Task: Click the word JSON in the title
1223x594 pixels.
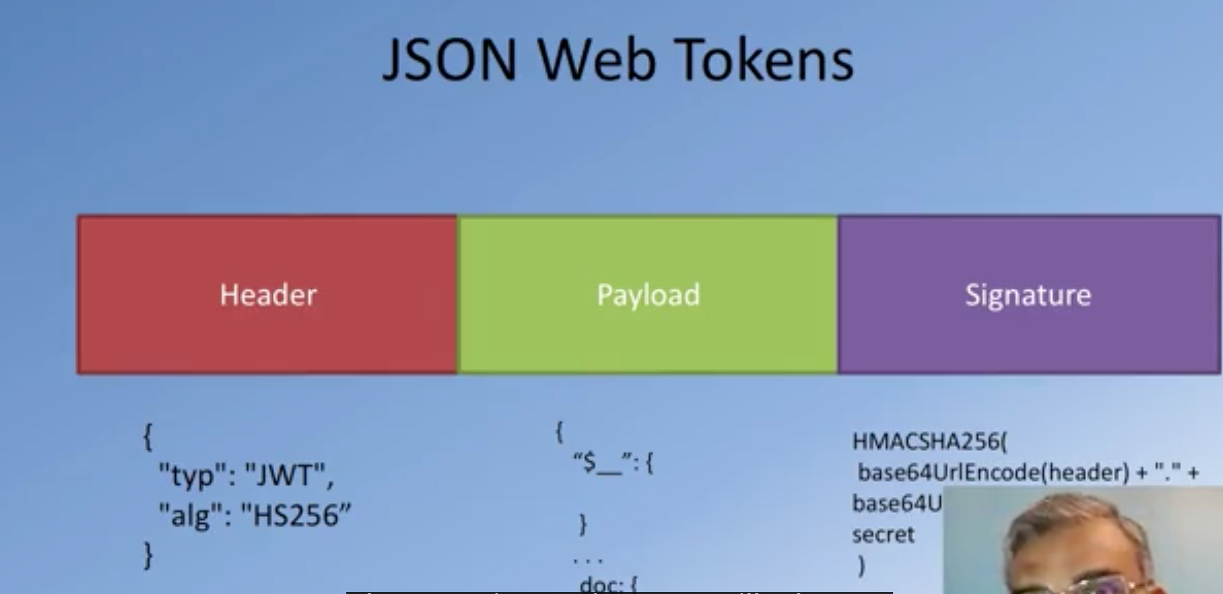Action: (449, 60)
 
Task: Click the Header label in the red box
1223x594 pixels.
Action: (268, 295)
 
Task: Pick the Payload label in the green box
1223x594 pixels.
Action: (648, 295)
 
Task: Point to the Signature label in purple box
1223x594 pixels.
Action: (1028, 295)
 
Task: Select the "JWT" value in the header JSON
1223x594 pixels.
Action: (289, 474)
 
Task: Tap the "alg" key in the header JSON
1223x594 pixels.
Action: (185, 515)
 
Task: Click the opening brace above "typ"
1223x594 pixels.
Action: (147, 437)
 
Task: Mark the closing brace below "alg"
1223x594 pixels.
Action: (148, 554)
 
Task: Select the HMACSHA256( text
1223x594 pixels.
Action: (930, 441)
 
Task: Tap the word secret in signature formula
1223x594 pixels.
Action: (883, 535)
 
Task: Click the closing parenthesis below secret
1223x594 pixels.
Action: (862, 566)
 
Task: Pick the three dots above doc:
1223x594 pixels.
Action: (588, 560)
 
